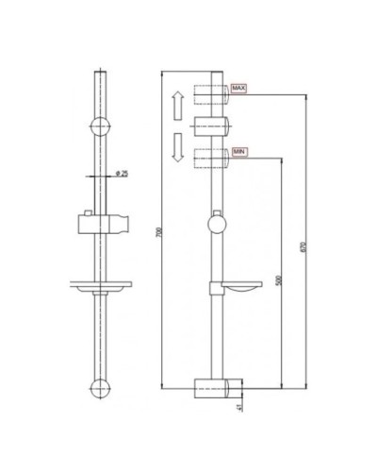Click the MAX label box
click(238, 89)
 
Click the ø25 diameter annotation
click(121, 173)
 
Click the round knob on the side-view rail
click(216, 227)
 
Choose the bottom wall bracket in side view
click(216, 386)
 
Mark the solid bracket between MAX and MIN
click(213, 125)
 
